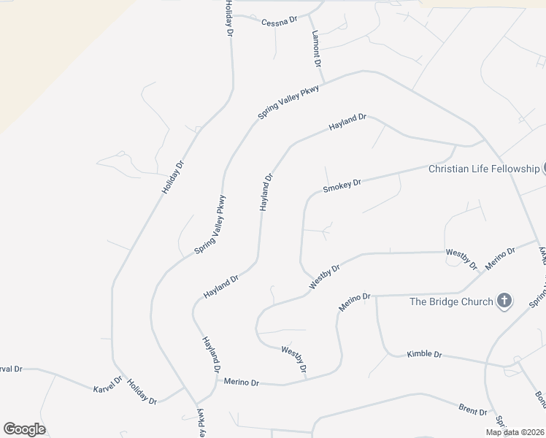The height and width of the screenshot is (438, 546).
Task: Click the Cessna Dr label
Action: click(280, 20)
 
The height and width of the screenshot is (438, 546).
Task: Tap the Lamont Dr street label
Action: click(316, 49)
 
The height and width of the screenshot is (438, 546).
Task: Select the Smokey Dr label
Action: click(342, 186)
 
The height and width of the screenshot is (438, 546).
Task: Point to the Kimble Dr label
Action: click(424, 354)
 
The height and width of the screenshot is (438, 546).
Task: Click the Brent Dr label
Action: click(472, 410)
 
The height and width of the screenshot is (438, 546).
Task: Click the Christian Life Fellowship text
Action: click(483, 169)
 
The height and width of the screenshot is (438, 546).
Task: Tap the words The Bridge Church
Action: click(450, 301)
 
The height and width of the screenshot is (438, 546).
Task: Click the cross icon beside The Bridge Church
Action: click(504, 301)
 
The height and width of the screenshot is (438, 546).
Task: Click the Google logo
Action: click(24, 429)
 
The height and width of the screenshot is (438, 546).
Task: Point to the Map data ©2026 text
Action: click(515, 432)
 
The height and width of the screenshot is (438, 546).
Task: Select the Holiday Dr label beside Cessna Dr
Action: click(229, 19)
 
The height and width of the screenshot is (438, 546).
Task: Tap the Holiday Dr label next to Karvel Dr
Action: click(142, 392)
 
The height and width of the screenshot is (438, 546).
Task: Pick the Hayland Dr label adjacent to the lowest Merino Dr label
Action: click(211, 355)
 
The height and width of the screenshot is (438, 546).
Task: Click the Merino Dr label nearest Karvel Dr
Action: click(242, 382)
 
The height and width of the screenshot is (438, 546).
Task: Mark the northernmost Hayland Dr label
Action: click(347, 122)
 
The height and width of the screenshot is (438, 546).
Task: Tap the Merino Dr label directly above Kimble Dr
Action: click(355, 301)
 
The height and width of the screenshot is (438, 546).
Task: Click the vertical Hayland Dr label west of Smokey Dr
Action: click(266, 192)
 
